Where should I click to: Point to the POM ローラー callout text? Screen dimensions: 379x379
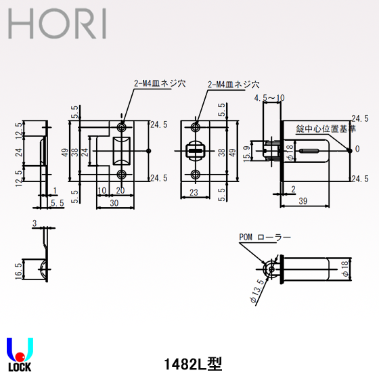coord(265,238)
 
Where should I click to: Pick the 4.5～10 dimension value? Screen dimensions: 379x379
coord(269,99)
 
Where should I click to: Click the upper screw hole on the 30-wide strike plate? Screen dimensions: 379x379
coord(122,127)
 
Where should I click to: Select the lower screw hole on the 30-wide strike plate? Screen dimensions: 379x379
coord(122,174)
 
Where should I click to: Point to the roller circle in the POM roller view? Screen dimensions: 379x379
coord(272,269)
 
